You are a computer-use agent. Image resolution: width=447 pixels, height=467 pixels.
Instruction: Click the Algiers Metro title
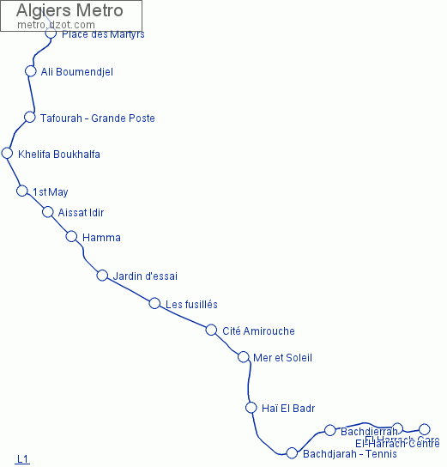[69, 11]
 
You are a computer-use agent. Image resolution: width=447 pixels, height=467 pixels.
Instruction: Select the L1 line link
[22, 459]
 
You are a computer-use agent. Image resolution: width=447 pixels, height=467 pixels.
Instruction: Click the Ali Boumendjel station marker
[31, 71]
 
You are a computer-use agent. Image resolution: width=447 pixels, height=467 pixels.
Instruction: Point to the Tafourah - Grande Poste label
[97, 118]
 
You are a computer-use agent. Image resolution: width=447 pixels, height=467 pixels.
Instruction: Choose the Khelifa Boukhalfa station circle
[8, 154]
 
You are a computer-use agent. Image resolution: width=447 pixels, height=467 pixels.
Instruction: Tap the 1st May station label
[50, 191]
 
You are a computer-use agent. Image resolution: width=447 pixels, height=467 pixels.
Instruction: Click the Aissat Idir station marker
[48, 212]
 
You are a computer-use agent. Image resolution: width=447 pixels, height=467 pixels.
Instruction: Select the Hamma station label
[101, 238]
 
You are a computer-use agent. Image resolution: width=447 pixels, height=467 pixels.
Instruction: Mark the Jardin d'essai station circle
[102, 276]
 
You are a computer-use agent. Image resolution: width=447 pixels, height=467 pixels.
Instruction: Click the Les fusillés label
[191, 305]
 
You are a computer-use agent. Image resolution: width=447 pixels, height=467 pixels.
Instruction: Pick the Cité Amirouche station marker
[211, 330]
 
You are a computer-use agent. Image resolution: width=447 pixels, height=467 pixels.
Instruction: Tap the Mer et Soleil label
[283, 358]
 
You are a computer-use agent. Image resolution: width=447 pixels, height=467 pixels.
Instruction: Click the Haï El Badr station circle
[251, 408]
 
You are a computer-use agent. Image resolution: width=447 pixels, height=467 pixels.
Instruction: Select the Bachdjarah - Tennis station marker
[292, 453]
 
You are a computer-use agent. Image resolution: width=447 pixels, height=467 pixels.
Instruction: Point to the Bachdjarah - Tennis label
[350, 454]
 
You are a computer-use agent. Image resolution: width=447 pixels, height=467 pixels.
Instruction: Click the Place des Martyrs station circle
[51, 33]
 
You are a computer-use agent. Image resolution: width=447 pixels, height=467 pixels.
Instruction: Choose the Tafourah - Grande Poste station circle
[30, 117]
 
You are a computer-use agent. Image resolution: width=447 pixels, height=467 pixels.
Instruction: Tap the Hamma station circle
[72, 237]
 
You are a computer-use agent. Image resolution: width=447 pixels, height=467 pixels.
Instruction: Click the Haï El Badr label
[288, 408]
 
